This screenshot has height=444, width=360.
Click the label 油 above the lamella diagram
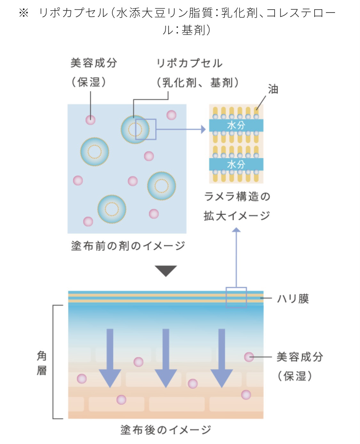click(x=273, y=89)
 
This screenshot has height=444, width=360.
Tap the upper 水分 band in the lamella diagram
click(x=236, y=125)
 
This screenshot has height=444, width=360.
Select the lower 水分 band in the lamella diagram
click(x=236, y=164)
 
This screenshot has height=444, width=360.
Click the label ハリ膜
click(x=292, y=299)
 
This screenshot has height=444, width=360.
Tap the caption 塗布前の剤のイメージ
click(x=128, y=246)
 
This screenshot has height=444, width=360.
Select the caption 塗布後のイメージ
click(x=165, y=430)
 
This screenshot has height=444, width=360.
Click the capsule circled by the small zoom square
click(x=135, y=129)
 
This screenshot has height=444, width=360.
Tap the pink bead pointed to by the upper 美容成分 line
click(x=91, y=119)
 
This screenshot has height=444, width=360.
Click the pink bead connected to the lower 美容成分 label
click(x=249, y=357)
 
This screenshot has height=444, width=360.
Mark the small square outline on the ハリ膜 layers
click(x=236, y=298)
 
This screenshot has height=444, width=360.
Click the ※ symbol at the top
click(x=24, y=13)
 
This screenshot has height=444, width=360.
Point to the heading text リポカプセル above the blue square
click(x=189, y=63)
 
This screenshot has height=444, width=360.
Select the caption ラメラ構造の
click(x=237, y=196)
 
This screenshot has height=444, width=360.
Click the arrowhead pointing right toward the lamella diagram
click(x=203, y=129)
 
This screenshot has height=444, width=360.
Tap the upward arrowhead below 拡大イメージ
click(x=236, y=230)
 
